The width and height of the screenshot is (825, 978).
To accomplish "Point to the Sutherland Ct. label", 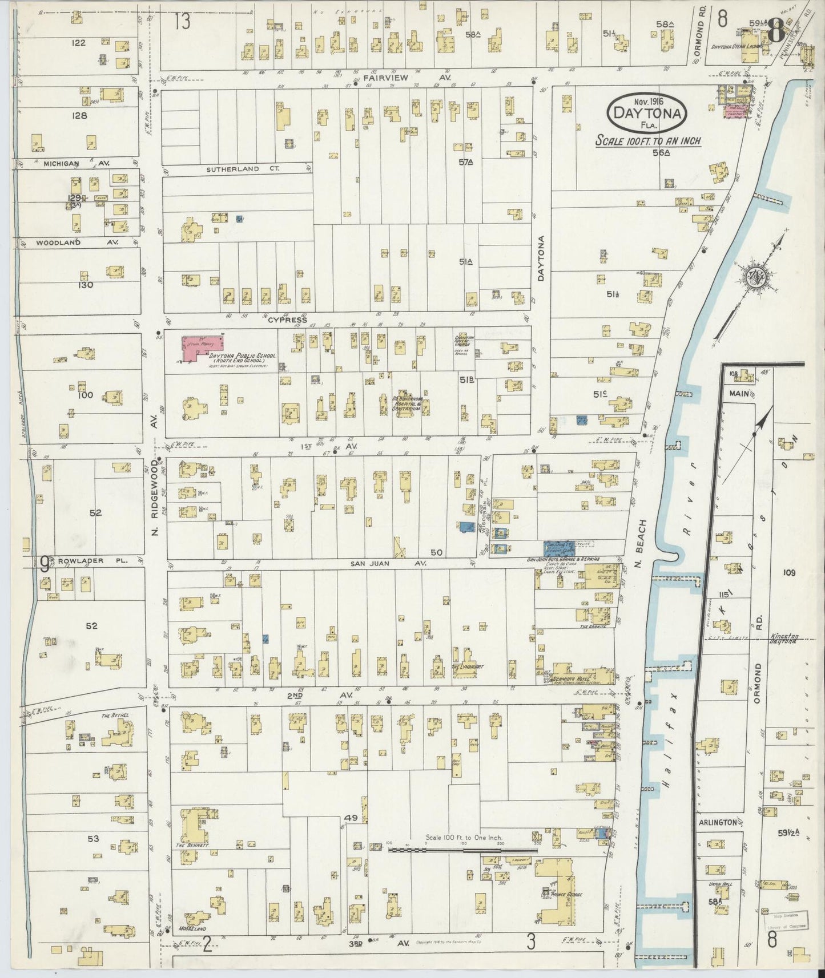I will point(233,169).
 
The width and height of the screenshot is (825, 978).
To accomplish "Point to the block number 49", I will point(351,818).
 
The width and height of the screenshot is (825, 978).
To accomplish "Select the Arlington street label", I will point(717,822).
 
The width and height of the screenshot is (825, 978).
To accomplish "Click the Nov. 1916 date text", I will point(647,101).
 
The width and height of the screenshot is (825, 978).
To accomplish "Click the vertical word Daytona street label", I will point(542,258).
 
